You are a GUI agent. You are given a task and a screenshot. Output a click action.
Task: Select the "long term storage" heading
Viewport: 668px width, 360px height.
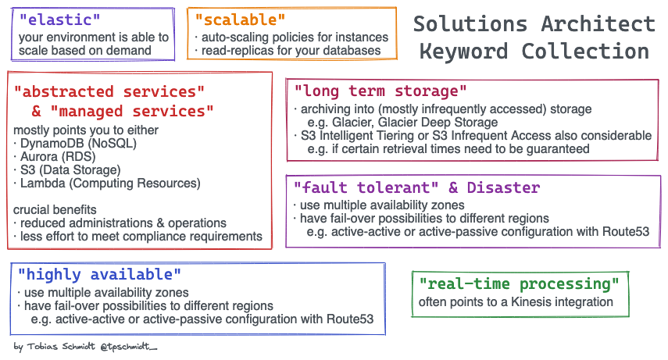[380, 91]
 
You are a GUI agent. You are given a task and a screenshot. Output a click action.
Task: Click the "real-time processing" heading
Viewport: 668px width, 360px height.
[519, 283]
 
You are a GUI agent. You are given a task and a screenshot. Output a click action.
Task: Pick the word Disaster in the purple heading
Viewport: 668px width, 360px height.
[503, 187]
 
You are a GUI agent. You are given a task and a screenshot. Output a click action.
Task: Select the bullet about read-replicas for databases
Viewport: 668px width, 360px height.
[290, 51]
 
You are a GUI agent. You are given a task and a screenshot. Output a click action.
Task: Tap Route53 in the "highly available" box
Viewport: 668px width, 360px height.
[348, 319]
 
